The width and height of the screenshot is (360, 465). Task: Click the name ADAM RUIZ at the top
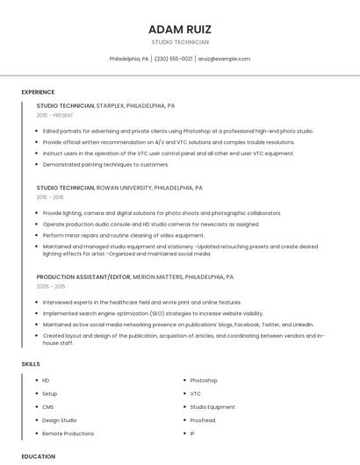tap(180, 29)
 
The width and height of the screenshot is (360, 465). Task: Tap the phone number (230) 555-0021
tap(174, 59)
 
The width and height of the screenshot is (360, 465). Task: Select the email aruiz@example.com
tap(224, 59)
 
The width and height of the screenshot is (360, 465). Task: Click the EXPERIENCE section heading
tap(38, 92)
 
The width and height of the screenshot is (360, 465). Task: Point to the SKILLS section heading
tap(31, 363)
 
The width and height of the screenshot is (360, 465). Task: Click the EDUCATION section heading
tap(38, 456)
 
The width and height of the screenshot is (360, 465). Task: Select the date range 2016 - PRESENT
tap(56, 115)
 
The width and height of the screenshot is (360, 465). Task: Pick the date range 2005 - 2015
tap(51, 286)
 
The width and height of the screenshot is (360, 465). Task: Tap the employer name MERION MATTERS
tap(157, 277)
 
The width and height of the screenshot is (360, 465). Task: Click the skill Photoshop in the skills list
tap(204, 381)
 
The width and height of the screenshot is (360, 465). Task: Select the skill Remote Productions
tap(68, 433)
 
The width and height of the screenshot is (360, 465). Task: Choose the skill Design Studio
tap(59, 420)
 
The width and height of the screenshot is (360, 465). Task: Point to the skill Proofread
tap(202, 420)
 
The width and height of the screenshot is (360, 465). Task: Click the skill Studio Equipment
tap(212, 407)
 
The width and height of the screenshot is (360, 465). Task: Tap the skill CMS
tap(47, 407)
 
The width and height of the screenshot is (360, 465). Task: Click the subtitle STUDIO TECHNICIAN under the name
tap(180, 42)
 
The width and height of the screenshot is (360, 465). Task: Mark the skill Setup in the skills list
tap(49, 394)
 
